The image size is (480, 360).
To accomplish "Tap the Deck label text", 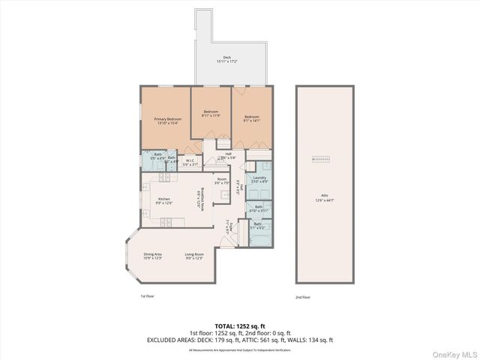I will point(227,58).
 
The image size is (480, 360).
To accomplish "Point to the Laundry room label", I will point(259,179).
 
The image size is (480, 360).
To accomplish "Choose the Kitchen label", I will point(163,200).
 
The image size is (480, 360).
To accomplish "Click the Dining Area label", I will point(153,256).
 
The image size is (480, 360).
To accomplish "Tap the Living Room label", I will point(195,256).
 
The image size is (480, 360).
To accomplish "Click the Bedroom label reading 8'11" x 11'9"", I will point(211,115).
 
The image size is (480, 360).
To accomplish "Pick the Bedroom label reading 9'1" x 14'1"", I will point(251,118).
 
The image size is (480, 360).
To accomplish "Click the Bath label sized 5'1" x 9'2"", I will point(257,225).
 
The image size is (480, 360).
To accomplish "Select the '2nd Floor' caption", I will point(303,297).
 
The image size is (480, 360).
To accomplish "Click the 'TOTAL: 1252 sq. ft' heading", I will point(239,326).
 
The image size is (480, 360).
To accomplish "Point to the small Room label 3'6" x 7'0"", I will point(222,181).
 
